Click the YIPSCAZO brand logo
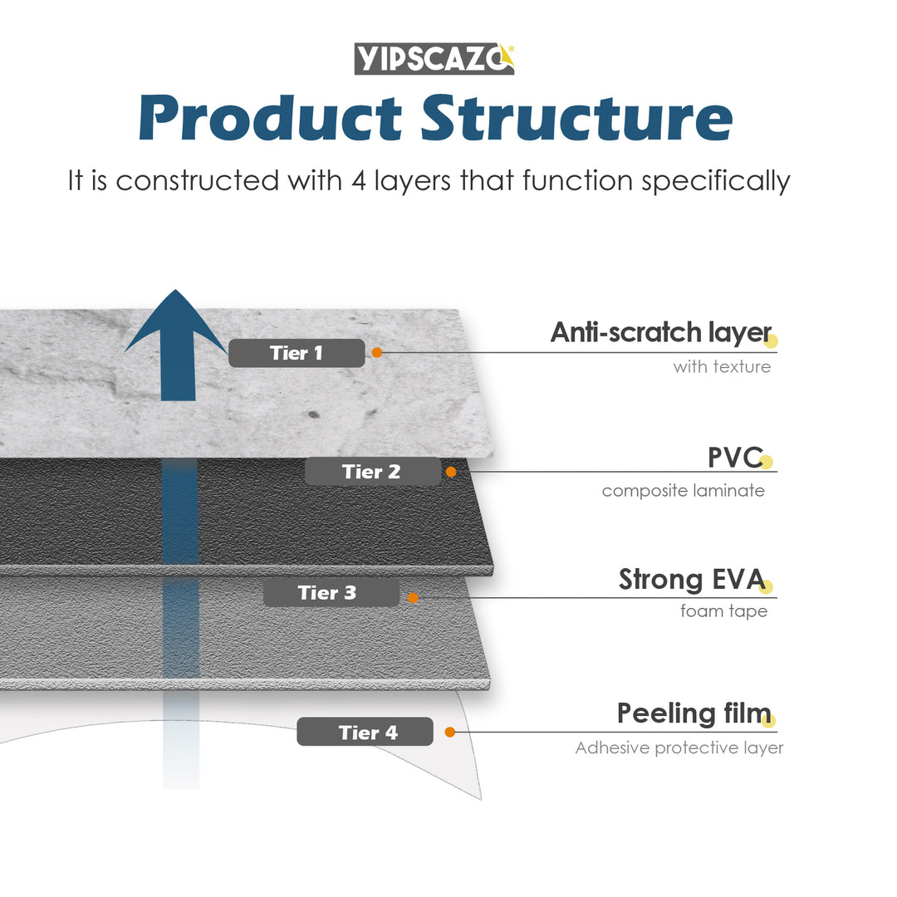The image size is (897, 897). click(434, 59)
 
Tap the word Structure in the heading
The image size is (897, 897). click(576, 118)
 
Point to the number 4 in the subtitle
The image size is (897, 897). click(359, 181)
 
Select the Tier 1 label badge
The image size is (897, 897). click(297, 353)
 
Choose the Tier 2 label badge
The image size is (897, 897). click(372, 472)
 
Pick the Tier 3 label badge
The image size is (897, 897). click(331, 593)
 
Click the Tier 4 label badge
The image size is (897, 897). click(365, 732)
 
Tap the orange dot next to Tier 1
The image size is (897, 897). click(376, 352)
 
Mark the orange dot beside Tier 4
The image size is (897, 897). click(449, 732)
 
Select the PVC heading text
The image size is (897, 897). click(734, 457)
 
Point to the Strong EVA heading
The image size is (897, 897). click(691, 580)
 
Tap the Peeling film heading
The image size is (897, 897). click(693, 713)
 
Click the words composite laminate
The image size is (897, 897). click(683, 491)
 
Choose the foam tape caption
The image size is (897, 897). click(723, 612)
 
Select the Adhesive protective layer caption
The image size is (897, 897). click(679, 748)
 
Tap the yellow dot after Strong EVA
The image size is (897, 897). click(766, 587)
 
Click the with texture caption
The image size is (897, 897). click(722, 366)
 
